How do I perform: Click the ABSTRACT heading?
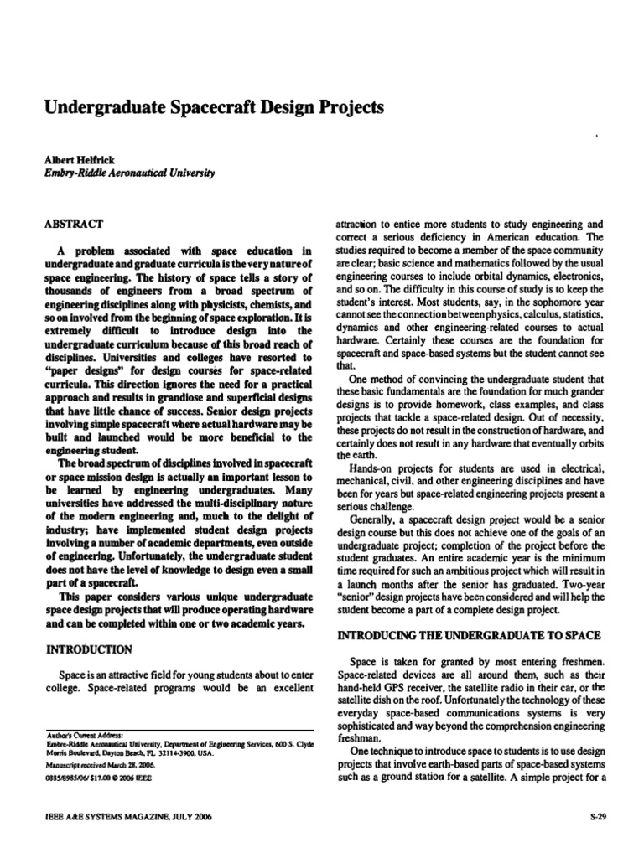coord(75,224)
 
